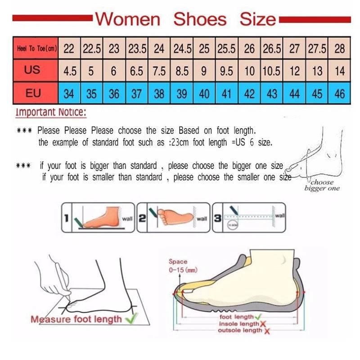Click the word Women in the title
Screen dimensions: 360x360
[128, 19]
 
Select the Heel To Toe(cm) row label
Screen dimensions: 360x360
[36, 48]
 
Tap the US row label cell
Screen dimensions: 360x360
[32, 70]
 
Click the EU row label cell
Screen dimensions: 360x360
[33, 93]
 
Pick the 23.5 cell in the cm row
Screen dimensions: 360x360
[136, 48]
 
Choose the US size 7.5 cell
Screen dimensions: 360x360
[159, 71]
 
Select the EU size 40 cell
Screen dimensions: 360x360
[204, 94]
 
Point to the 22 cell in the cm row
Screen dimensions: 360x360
[69, 48]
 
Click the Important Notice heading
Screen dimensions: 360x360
[51, 112]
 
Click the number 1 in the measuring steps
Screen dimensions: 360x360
[66, 219]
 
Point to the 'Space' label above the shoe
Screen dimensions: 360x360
[178, 261]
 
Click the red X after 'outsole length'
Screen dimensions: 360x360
[267, 332]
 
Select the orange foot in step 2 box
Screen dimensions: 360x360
[173, 217]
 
